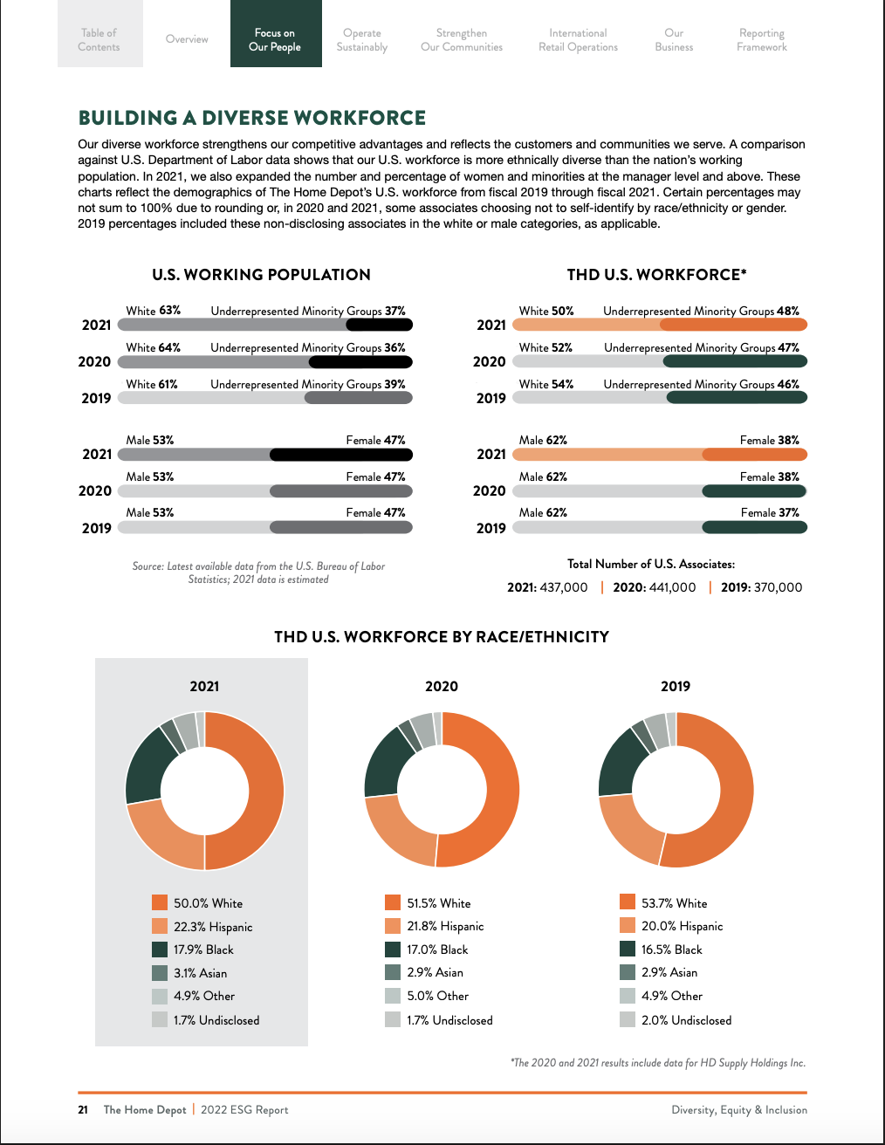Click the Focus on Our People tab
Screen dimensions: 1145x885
pos(275,39)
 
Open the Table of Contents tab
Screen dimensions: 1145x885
pos(99,39)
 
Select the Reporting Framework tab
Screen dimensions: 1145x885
pos(761,39)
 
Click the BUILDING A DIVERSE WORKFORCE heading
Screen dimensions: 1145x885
pos(252,118)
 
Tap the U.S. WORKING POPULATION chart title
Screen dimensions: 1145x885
pos(261,274)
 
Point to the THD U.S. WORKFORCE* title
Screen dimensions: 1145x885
pos(656,274)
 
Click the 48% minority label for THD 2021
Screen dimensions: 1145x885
pos(787,311)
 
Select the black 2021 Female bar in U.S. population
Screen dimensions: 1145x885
pos(340,454)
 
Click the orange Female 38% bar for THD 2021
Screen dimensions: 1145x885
pos(754,454)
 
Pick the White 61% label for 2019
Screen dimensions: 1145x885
pos(152,384)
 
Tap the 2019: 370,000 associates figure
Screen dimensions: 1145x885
pos(761,587)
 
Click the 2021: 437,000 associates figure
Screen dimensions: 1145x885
pos(547,587)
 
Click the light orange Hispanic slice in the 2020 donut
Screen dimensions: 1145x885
pos(397,833)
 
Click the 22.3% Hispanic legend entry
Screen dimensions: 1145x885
pos(212,927)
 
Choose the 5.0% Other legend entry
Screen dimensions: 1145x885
pos(437,996)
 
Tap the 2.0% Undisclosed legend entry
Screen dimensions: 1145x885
pos(686,1019)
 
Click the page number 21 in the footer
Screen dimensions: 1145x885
pos(83,1110)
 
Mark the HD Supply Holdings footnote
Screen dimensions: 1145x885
pos(658,1063)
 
